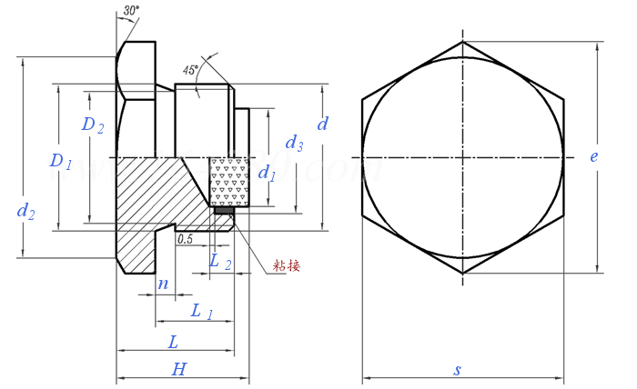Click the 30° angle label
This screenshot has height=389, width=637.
click(131, 11)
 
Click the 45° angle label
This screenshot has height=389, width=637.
click(190, 69)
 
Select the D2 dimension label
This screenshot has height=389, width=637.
click(93, 126)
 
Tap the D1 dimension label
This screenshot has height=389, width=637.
click(60, 162)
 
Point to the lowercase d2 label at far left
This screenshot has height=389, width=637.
click(26, 212)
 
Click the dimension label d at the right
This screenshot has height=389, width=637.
click(322, 123)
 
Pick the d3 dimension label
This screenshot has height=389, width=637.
click(294, 143)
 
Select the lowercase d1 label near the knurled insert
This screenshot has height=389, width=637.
click(267, 173)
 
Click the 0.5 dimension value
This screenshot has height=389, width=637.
click(185, 239)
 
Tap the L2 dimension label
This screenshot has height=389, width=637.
click(219, 262)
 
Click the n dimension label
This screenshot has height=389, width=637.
click(163, 284)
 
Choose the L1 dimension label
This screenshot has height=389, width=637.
click(202, 312)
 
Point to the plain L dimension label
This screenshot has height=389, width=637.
click(174, 342)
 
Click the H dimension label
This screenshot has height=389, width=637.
click(179, 368)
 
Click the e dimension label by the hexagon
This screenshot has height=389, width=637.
click(593, 156)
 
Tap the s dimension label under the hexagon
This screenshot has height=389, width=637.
click(458, 369)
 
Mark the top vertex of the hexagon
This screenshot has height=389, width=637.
click(463, 41)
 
